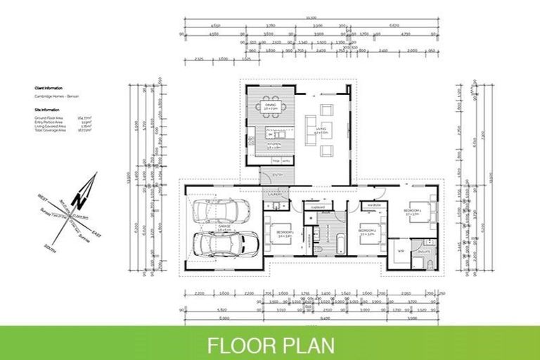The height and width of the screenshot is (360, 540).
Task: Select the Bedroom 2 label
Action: pyautogui.click(x=366, y=232)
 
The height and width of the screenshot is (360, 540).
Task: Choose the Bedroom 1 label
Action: pyautogui.click(x=283, y=233)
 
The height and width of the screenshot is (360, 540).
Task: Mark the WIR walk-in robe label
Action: pyautogui.click(x=400, y=250)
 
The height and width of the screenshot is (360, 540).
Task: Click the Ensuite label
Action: pyautogui.click(x=424, y=250)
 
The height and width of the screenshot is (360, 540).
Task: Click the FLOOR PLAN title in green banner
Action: pyautogui.click(x=270, y=345)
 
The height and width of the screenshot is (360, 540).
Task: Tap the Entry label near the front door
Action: pyautogui.click(x=276, y=174)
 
